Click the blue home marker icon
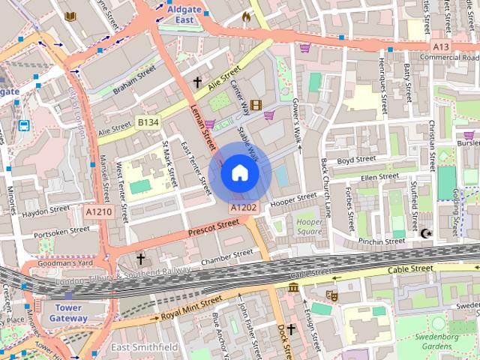(239, 173)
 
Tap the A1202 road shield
(244, 207)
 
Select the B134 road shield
(148, 121)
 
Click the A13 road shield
(442, 46)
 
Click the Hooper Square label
(308, 227)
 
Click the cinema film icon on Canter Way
(256, 105)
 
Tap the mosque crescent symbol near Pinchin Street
(428, 234)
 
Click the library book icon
(70, 16)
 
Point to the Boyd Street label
(355, 160)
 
